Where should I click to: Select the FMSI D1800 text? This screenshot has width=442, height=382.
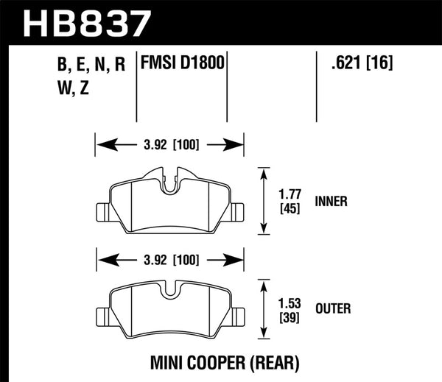(x=182, y=64)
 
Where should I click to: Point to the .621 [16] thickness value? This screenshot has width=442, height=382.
(x=357, y=64)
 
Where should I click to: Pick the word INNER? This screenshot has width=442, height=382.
(x=331, y=200)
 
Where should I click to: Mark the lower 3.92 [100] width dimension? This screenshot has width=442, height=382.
(x=170, y=259)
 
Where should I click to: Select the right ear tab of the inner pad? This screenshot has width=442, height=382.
(x=237, y=211)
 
